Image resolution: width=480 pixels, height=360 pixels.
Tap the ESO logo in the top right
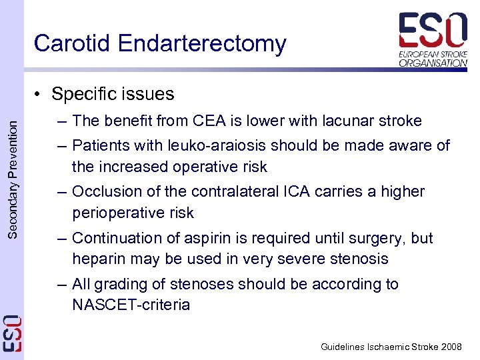point(433,31)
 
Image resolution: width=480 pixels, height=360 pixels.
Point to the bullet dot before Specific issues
point(41,94)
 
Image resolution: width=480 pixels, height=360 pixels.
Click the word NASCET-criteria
point(131,305)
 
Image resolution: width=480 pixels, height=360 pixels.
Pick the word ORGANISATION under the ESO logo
point(433,63)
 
